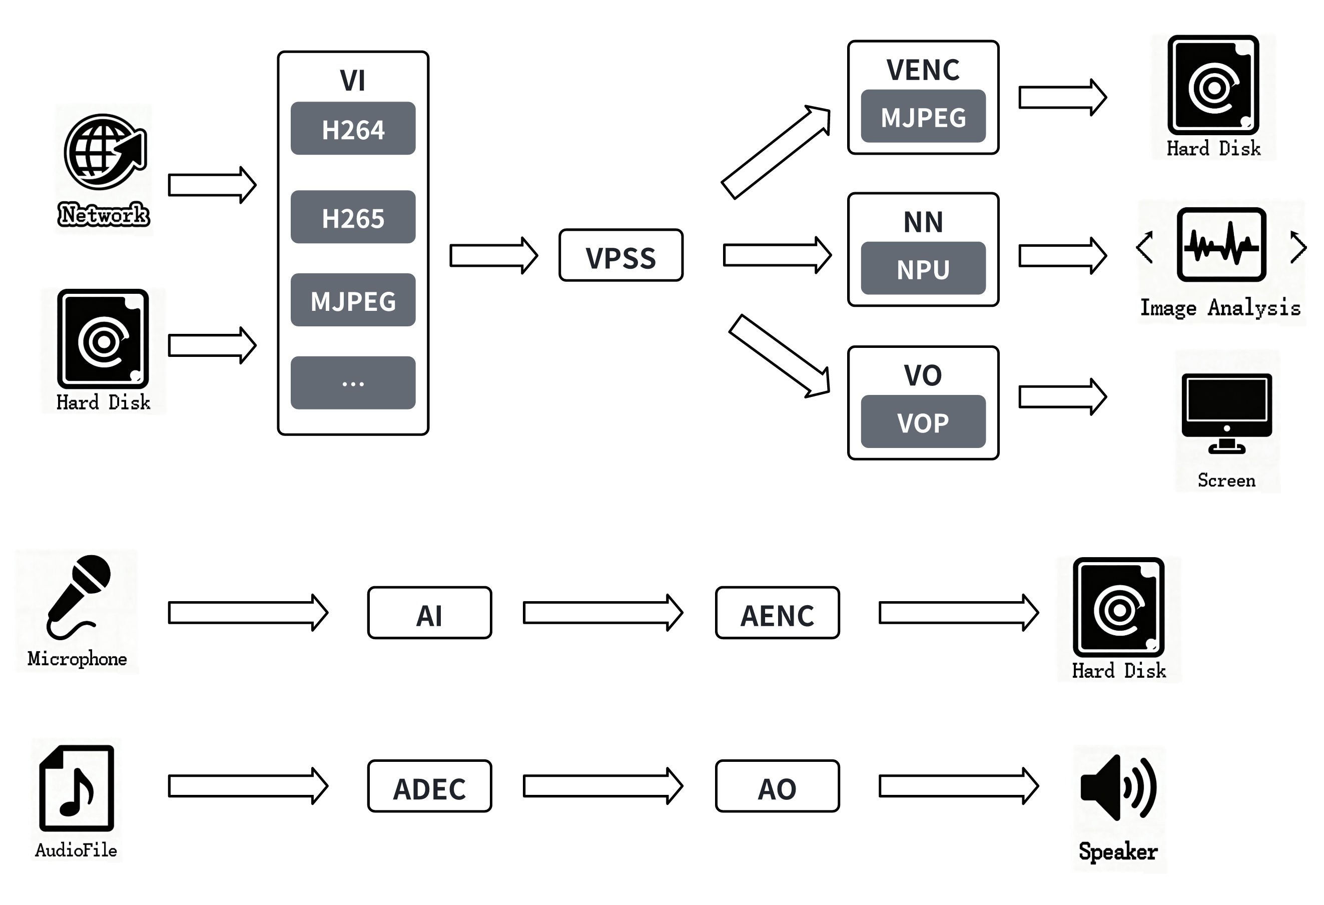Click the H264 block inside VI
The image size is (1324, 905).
click(x=353, y=128)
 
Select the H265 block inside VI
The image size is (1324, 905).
click(x=353, y=217)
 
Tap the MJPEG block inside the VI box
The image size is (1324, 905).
click(x=353, y=300)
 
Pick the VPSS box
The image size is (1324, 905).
click(x=620, y=256)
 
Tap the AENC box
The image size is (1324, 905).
click(x=777, y=613)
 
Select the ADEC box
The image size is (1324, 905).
click(x=429, y=786)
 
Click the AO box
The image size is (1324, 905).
click(x=777, y=786)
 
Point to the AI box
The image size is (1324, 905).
click(x=429, y=613)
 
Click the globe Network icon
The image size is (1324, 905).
click(x=105, y=152)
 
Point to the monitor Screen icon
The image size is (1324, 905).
click(x=1226, y=413)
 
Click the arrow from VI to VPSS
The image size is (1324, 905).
click(x=493, y=256)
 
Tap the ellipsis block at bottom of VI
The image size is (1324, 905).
click(x=353, y=383)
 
